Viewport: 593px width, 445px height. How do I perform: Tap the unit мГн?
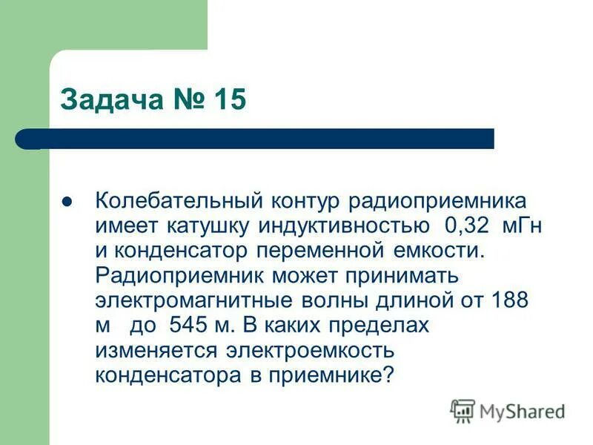(521, 225)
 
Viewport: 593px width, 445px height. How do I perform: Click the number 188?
(510, 300)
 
